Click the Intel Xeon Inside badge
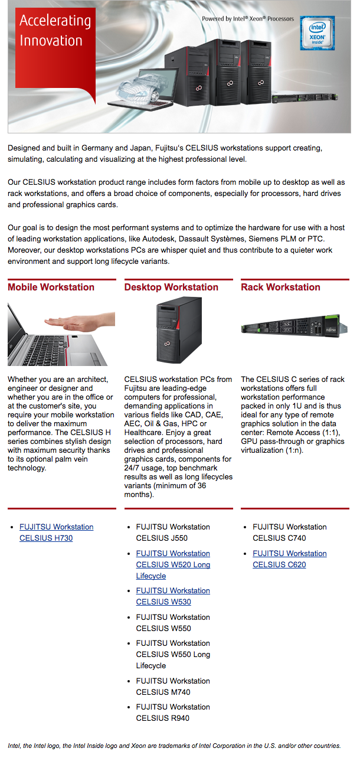click(x=317, y=33)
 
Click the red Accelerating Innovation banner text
click(x=55, y=30)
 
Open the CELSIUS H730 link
click(x=57, y=532)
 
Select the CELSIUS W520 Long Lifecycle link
click(x=173, y=564)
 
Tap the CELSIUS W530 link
click(x=173, y=596)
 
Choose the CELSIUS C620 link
click(x=290, y=558)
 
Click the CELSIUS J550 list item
click(x=173, y=532)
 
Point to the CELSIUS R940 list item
click(x=173, y=713)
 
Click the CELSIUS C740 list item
click(x=290, y=532)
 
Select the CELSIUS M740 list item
click(x=173, y=686)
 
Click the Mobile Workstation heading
click(x=51, y=287)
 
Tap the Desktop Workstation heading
click(x=171, y=287)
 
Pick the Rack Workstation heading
click(x=280, y=287)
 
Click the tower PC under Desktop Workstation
click(x=179, y=330)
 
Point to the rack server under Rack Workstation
click(x=294, y=325)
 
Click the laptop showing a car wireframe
click(x=142, y=89)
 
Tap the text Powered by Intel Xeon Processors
click(x=248, y=19)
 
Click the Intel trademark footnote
click(x=174, y=746)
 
